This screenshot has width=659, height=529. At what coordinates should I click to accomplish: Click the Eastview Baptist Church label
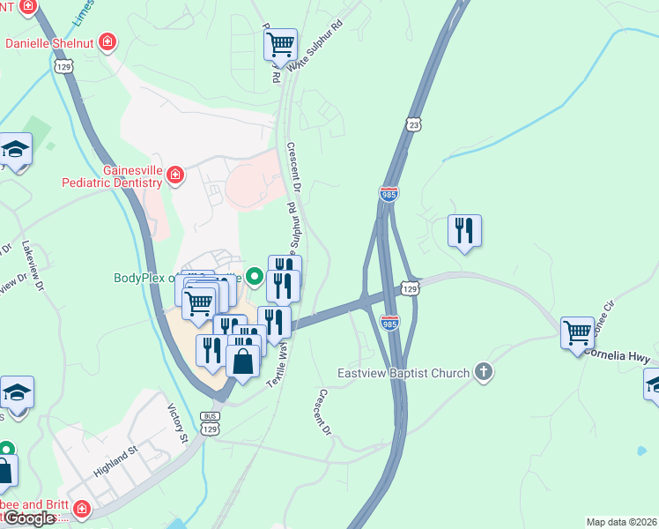406,373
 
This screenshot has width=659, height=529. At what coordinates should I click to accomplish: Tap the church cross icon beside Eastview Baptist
483,372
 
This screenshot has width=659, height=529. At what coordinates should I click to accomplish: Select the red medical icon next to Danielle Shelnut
107,41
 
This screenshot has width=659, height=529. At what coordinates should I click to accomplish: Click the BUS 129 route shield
209,421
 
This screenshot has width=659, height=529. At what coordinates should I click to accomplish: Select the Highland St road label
117,460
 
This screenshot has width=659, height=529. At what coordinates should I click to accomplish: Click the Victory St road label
178,423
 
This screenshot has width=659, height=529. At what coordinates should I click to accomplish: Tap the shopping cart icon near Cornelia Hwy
578,333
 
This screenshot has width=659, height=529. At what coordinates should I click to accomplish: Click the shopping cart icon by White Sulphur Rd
280,43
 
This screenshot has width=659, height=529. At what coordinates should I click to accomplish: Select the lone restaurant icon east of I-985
464,231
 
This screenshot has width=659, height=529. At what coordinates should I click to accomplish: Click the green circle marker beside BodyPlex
255,278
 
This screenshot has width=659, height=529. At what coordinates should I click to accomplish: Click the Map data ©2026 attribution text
621,522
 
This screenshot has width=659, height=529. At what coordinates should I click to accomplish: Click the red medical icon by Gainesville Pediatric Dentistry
176,176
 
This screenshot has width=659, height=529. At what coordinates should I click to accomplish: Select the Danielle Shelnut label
51,42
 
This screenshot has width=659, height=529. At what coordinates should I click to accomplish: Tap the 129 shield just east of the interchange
409,288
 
